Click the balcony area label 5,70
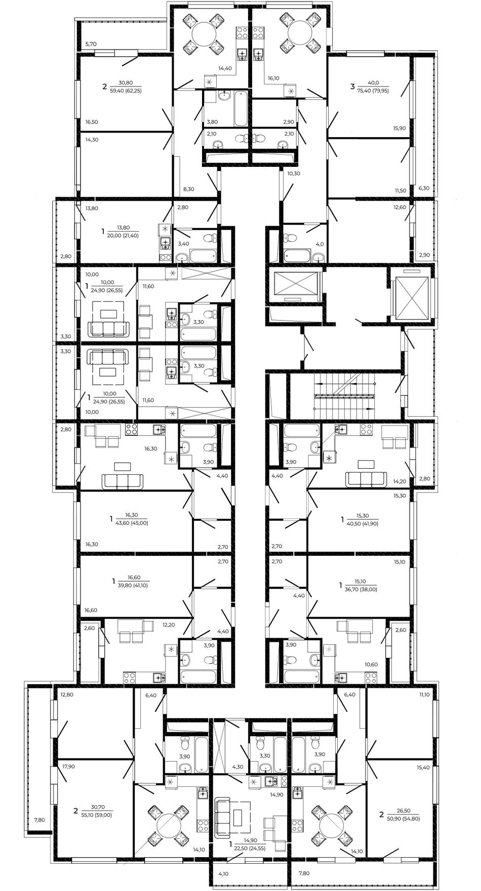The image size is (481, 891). [91, 44]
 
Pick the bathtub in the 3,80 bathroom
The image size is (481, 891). [240, 108]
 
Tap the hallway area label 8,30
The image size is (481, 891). [189, 189]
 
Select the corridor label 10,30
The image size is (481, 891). [294, 173]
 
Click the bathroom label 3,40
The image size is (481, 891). [183, 244]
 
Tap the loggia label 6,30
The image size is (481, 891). [424, 188]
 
